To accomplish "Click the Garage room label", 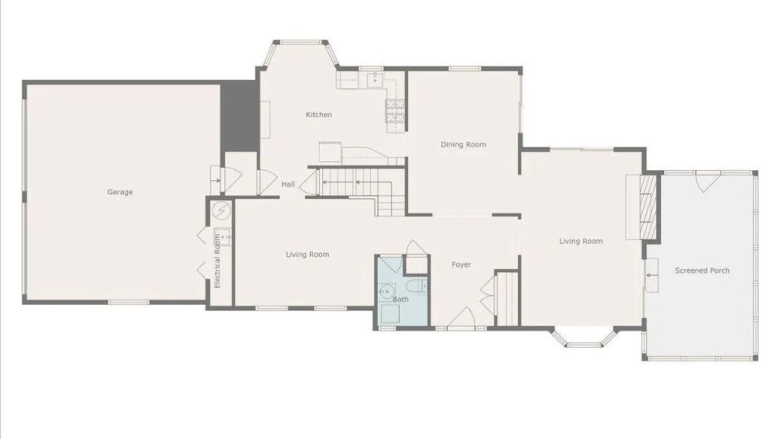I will coord(120,192).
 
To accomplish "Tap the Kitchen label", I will coord(318,115).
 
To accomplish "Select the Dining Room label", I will coord(463,145).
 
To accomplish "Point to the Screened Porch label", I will coord(702,271).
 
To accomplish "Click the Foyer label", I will coord(461,265).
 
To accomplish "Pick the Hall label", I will coord(288,184).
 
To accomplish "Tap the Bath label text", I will coord(400,300).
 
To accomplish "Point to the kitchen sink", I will coord(374,79).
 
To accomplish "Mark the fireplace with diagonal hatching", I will coord(647,201).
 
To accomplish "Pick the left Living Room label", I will coord(308,255).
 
